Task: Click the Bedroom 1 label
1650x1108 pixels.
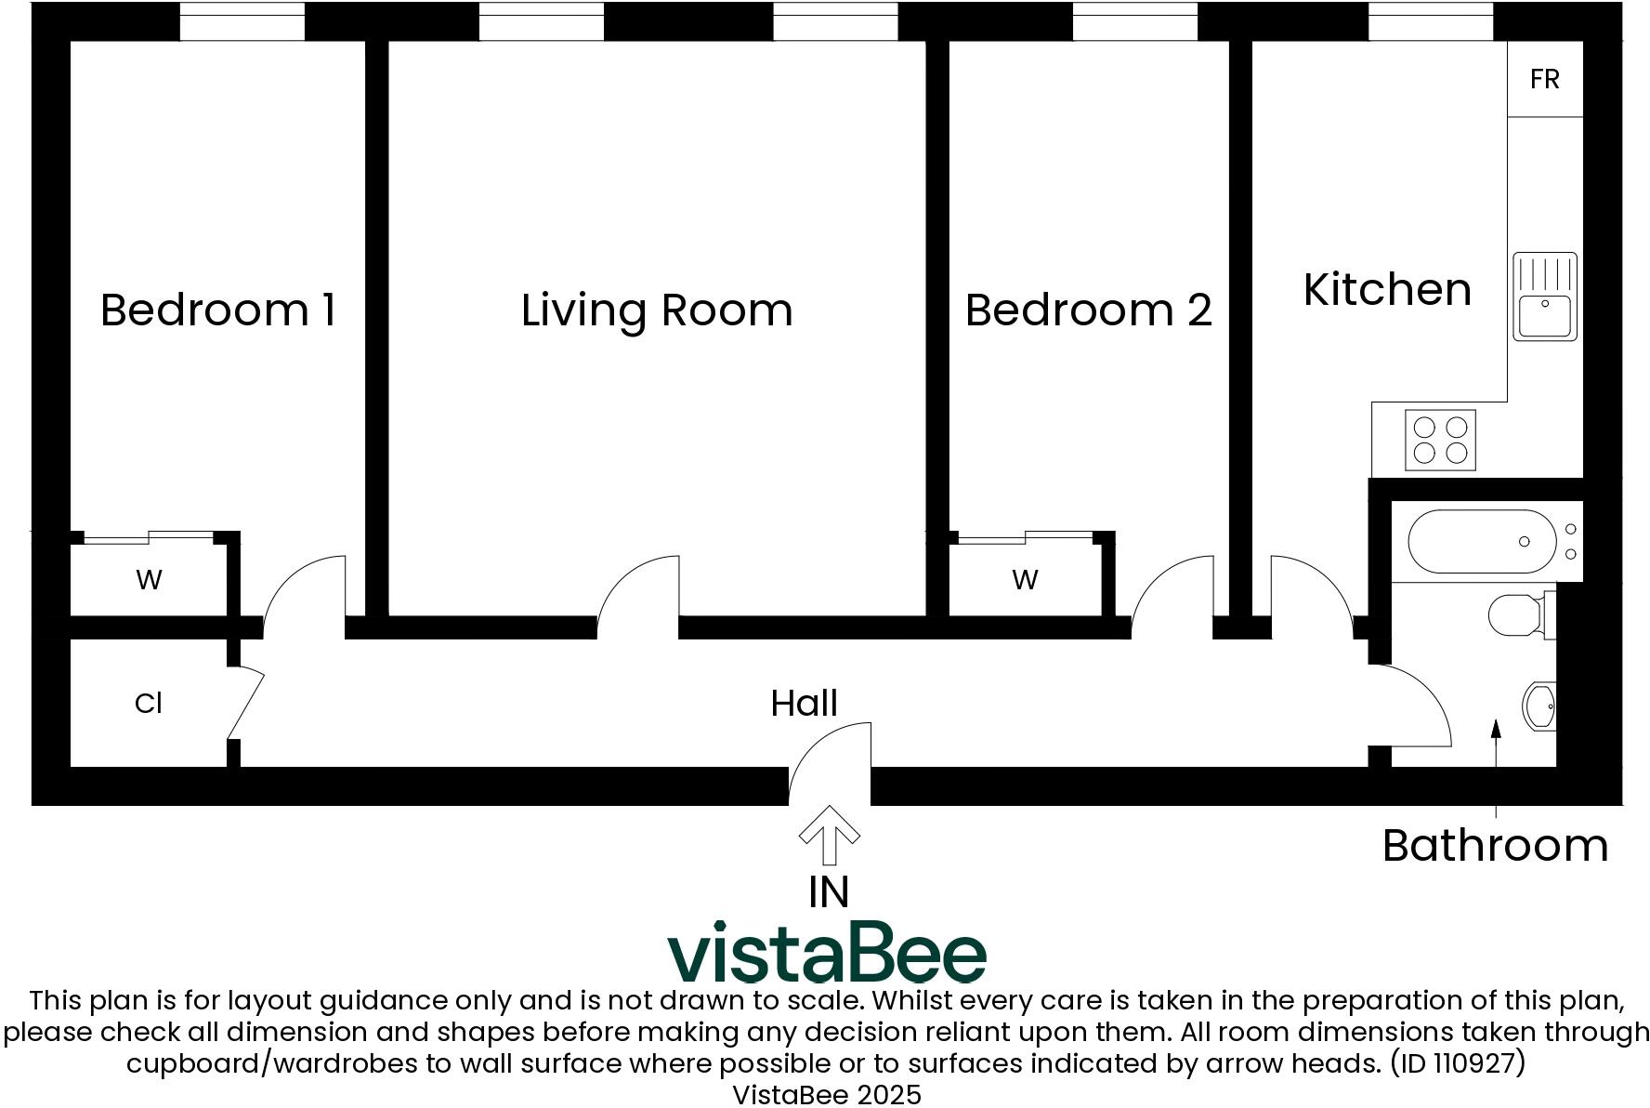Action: tap(217, 310)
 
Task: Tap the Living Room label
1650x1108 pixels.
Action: tap(657, 310)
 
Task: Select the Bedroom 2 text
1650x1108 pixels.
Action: tap(1088, 310)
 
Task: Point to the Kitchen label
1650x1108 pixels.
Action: tap(1387, 289)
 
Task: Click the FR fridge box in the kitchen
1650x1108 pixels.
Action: tap(1544, 79)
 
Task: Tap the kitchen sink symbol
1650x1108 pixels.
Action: tap(1544, 296)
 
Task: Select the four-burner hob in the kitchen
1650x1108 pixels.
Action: tap(1440, 440)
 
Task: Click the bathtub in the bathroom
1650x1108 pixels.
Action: tap(1482, 541)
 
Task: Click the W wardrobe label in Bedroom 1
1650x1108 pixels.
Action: tap(149, 580)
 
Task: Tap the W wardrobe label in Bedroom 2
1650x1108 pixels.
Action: tap(1025, 580)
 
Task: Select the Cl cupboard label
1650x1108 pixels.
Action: tap(149, 703)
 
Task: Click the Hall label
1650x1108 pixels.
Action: tap(804, 703)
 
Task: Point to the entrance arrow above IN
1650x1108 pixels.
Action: tap(829, 833)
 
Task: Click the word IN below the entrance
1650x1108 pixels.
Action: tap(829, 892)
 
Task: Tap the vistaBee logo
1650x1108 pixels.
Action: tap(827, 952)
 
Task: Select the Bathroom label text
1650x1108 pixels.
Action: tap(1495, 845)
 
